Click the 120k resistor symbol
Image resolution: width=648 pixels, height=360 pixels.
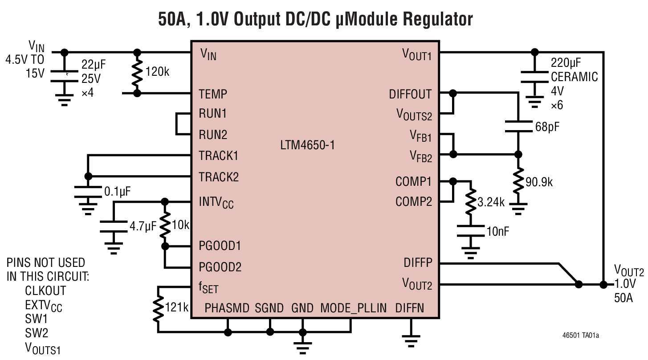coord(137,73)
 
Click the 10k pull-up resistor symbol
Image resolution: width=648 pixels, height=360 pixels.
coord(165,224)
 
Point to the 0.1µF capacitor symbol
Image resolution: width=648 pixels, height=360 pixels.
coord(88,192)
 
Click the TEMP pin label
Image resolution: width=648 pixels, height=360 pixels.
coord(212,94)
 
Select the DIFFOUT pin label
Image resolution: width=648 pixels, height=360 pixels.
coord(410,94)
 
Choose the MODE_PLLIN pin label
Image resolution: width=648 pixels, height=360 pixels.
coord(353,308)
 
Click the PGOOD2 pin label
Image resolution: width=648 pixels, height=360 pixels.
coord(220,267)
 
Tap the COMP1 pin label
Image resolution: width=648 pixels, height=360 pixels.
coord(413,182)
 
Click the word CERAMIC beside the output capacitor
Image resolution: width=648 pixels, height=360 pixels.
coord(574,77)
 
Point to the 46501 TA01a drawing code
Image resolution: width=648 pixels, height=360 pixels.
coord(583,335)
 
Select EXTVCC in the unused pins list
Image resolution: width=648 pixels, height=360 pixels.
coord(43,306)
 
